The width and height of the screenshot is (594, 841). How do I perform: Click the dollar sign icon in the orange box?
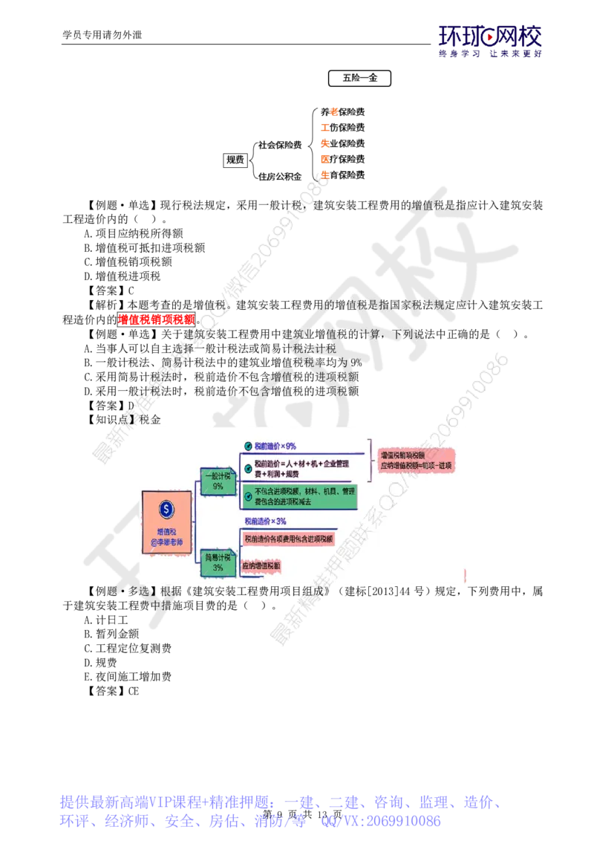pyautogui.click(x=166, y=510)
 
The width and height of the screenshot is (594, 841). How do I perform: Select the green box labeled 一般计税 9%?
pyautogui.click(x=218, y=481)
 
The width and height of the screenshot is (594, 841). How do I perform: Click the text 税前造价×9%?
pyautogui.click(x=275, y=446)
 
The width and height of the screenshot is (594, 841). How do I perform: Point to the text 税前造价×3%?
pyautogui.click(x=265, y=522)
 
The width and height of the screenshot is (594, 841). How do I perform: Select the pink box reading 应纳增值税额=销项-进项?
pyautogui.click(x=417, y=460)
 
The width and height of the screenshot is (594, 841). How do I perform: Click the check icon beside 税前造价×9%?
pyautogui.click(x=247, y=446)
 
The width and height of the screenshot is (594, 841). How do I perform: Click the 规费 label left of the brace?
pyautogui.click(x=235, y=159)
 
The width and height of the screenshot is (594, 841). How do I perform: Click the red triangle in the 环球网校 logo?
pyautogui.click(x=489, y=33)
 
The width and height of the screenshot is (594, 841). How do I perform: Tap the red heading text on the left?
pyautogui.click(x=157, y=320)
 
